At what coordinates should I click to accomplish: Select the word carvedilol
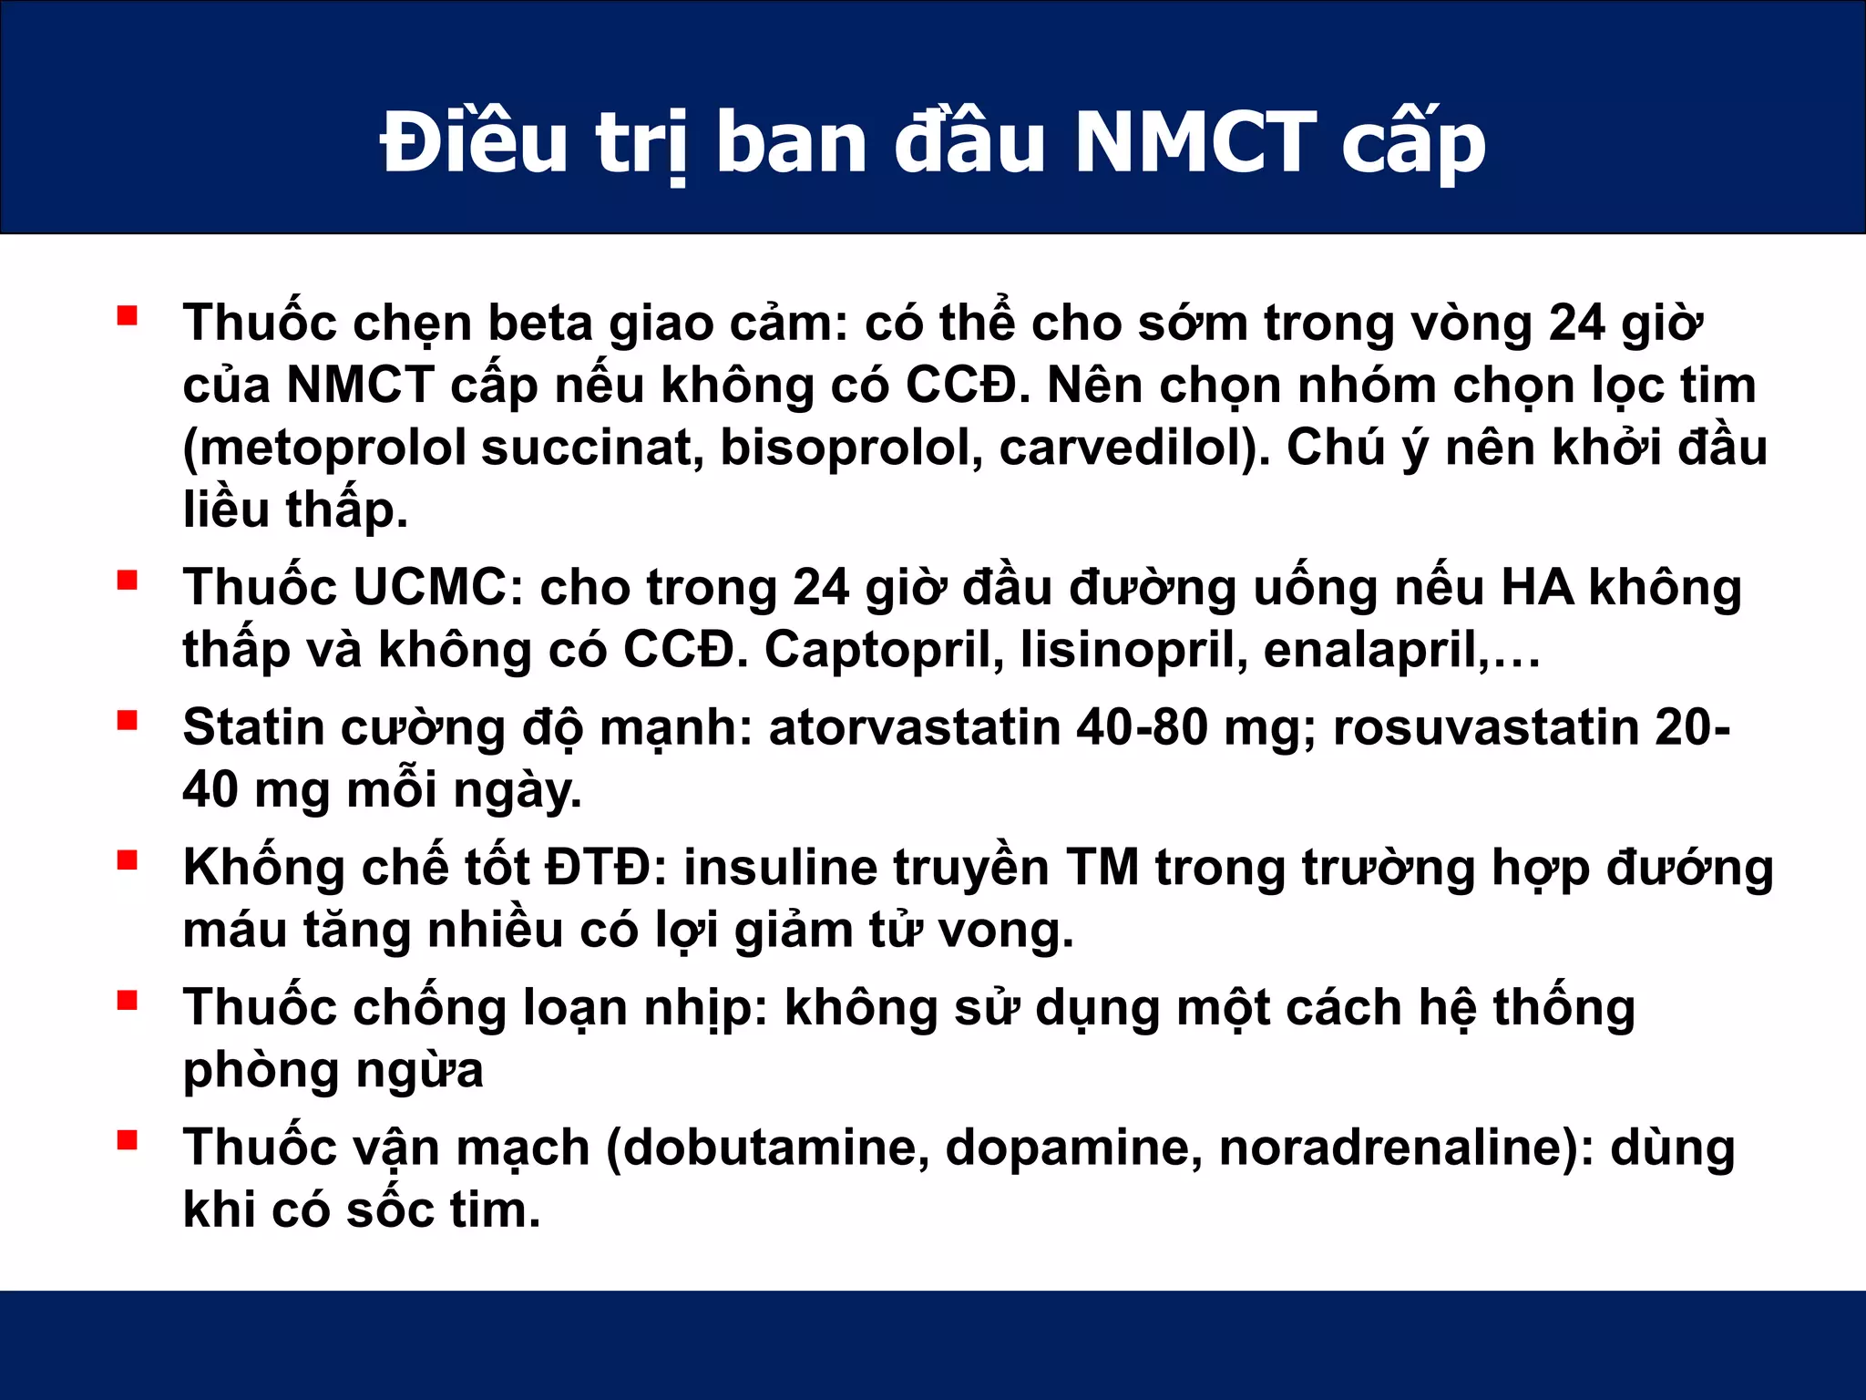1126,448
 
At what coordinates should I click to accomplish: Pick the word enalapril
1374,650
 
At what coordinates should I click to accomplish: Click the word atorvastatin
914,727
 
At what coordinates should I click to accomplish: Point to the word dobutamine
774,1148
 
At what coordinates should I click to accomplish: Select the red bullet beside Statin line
128,721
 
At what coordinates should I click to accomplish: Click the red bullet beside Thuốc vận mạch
128,1140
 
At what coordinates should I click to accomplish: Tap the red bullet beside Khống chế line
128,860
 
